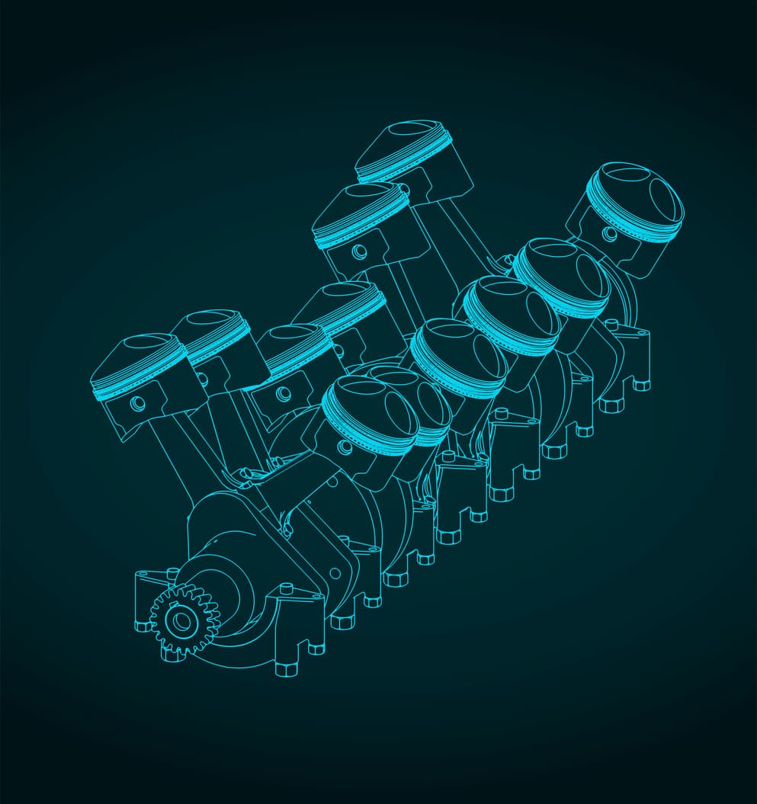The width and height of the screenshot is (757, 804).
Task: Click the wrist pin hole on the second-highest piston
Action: [x=358, y=249]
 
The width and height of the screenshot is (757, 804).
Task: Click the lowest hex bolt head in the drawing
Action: [x=285, y=670]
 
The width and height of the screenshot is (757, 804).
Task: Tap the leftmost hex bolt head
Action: [x=142, y=626]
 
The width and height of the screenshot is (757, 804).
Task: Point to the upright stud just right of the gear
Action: [x=287, y=588]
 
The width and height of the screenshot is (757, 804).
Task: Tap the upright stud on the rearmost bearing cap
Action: [x=611, y=324]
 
